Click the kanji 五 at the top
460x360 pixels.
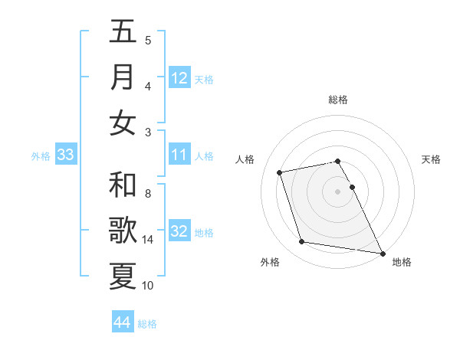coord(123,31)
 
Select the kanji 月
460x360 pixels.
coord(123,77)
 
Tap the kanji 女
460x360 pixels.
coord(123,123)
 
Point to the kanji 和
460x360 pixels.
coord(123,185)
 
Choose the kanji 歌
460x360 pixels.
coord(123,231)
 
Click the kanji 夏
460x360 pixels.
coord(123,277)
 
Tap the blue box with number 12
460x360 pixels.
coord(179,77)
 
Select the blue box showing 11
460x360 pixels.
coord(179,155)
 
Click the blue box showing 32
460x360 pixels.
coord(179,231)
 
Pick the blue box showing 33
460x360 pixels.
coord(66,155)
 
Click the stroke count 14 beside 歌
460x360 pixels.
coord(149,240)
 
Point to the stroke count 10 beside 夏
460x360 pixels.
coord(148,286)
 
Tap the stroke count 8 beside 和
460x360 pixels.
coord(148,194)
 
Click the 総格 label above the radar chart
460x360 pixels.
coord(338,100)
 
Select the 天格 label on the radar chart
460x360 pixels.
coord(432,159)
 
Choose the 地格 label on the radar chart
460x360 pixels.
coord(402,262)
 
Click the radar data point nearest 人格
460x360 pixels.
coord(280,172)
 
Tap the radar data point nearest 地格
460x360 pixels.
coord(382,253)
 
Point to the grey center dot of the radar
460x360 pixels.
coord(338,191)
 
